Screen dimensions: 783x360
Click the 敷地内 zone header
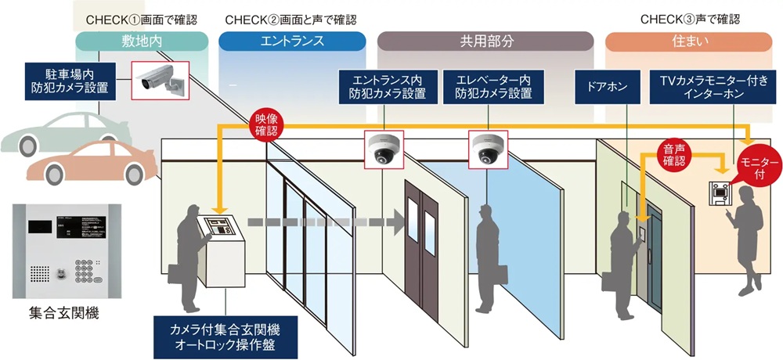click(142, 41)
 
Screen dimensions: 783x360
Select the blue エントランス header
click(292, 41)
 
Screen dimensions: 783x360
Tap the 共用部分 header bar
click(485, 41)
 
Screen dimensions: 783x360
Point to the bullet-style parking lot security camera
click(161, 79)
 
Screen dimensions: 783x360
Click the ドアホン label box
click(608, 87)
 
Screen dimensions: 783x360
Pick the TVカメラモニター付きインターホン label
click(705, 87)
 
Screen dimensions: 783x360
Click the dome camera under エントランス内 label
click(384, 148)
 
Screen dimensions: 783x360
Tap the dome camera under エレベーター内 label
click(489, 148)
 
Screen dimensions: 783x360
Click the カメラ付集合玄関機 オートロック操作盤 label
click(226, 337)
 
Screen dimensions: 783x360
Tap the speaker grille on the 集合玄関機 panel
click(40, 274)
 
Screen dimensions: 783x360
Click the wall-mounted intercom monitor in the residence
click(720, 193)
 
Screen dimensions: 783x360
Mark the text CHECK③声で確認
click(690, 20)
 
